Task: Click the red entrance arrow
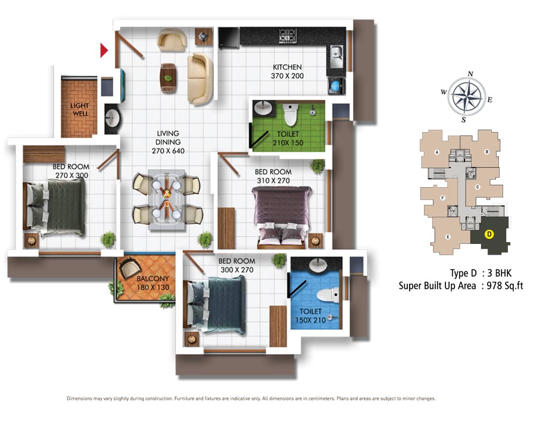(x=104, y=50)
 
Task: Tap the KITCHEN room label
(x=287, y=67)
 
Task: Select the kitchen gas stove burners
(x=288, y=36)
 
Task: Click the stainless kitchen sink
(x=336, y=56)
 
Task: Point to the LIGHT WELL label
(x=80, y=110)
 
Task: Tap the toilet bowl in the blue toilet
(x=328, y=295)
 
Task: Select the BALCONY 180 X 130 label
(x=153, y=283)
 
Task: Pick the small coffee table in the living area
(x=168, y=78)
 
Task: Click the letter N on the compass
(x=470, y=74)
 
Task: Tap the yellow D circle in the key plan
(x=489, y=234)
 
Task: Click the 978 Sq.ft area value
(x=505, y=285)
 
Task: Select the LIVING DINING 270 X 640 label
(x=168, y=142)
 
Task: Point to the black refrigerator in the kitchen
(x=229, y=37)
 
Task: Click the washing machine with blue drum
(x=336, y=86)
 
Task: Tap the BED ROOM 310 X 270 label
(x=273, y=176)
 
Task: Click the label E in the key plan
(x=448, y=237)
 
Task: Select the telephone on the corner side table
(x=203, y=36)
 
